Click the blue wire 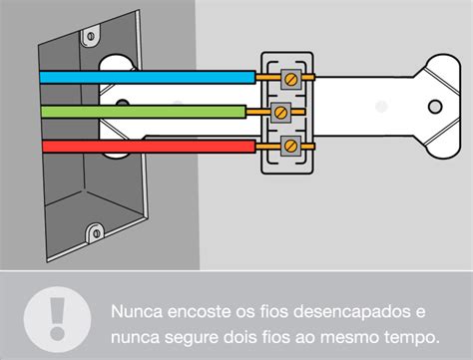pyautogui.click(x=150, y=75)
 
